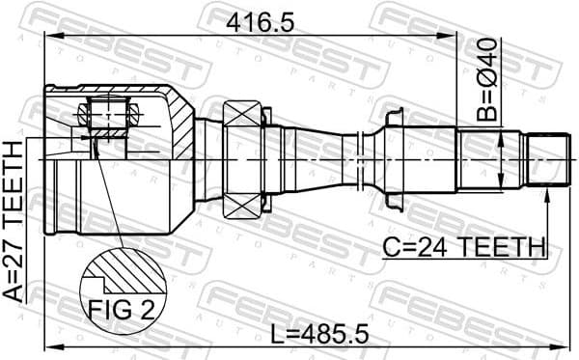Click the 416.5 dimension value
click(262, 21)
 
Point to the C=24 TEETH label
click(463, 248)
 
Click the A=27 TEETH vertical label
click(14, 222)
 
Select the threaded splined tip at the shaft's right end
click(545, 158)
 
